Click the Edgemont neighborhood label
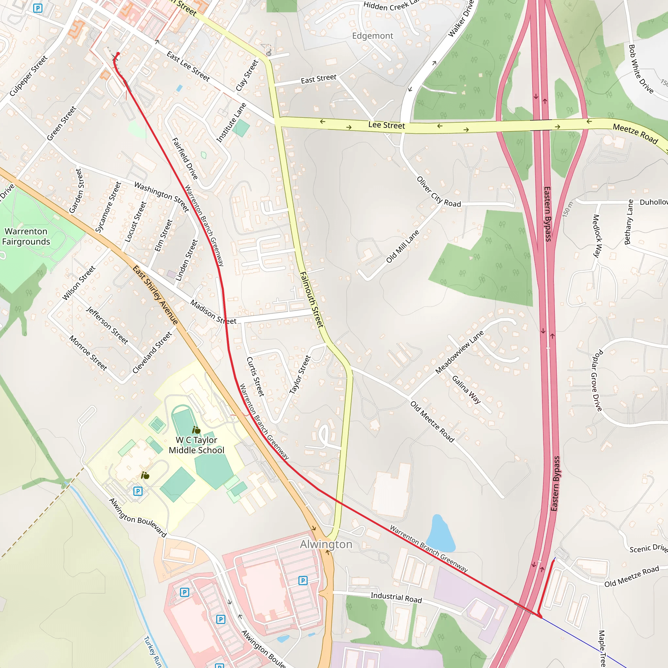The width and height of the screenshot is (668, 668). click(372, 36)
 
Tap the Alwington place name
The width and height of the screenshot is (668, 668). click(326, 544)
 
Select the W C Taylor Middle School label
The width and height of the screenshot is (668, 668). click(196, 445)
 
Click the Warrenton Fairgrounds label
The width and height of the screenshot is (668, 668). click(26, 236)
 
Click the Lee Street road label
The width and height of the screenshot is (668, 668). click(386, 125)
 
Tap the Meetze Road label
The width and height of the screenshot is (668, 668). click(635, 133)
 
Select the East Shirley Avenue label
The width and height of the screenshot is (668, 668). click(155, 295)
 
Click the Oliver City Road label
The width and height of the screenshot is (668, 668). click(438, 192)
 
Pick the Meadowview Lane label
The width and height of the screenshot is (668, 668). click(459, 352)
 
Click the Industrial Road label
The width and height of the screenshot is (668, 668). click(396, 598)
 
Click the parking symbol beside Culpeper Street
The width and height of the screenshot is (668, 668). click(38, 8)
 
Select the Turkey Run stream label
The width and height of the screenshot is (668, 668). click(152, 651)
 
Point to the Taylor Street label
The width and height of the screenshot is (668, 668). click(300, 374)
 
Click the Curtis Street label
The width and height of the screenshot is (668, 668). click(255, 376)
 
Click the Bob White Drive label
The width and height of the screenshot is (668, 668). click(640, 69)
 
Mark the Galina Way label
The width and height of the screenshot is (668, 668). click(466, 390)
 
